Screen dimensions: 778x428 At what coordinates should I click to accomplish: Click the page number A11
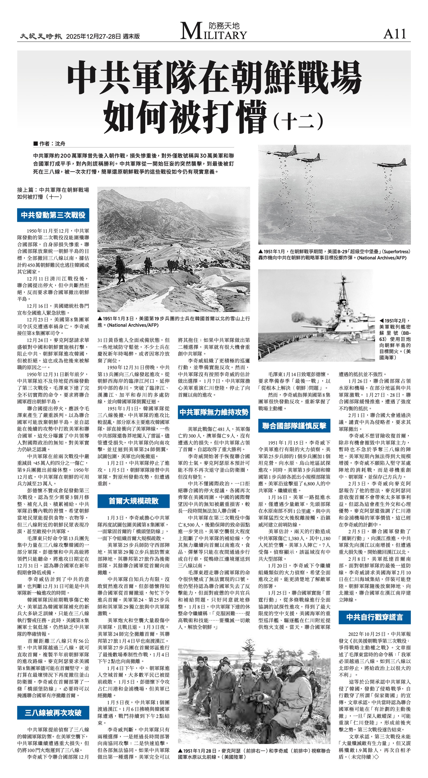[394, 34]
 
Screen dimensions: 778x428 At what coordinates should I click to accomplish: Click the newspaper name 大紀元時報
[41, 37]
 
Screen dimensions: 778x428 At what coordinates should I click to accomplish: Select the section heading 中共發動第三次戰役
[53, 215]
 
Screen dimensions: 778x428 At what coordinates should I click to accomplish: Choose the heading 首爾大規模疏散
[133, 501]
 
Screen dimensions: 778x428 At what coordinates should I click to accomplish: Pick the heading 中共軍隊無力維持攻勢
[213, 412]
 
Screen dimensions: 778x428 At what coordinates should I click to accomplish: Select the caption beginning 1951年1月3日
[173, 322]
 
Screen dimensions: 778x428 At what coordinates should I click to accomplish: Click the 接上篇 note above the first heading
[53, 193]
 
